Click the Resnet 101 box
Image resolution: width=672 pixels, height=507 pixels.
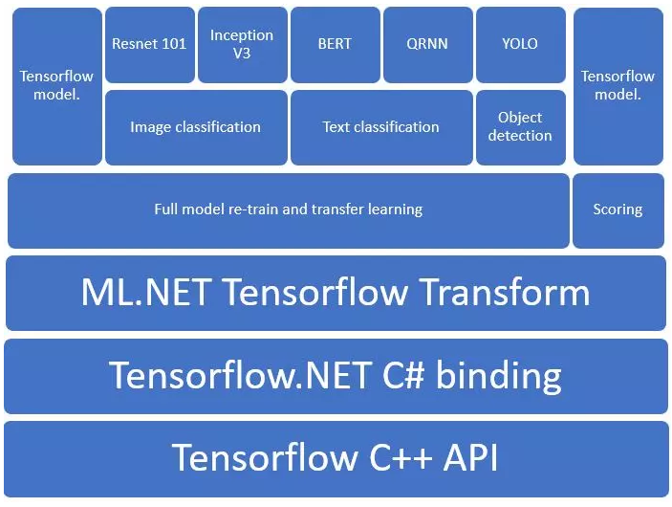pyautogui.click(x=149, y=44)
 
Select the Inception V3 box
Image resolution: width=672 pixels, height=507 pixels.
pyautogui.click(x=241, y=44)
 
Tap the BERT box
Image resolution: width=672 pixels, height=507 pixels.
pyautogui.click(x=335, y=44)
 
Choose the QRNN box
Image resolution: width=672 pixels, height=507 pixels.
pyautogui.click(x=426, y=44)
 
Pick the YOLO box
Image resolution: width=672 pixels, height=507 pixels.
pyautogui.click(x=519, y=44)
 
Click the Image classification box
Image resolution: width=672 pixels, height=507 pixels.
pyautogui.click(x=195, y=126)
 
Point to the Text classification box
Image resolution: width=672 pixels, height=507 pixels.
pyautogui.click(x=380, y=126)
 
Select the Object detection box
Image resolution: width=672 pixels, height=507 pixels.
pyautogui.click(x=519, y=126)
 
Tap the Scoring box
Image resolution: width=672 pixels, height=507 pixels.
pyautogui.click(x=617, y=209)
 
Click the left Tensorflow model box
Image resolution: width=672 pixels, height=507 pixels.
pyautogui.click(x=56, y=86)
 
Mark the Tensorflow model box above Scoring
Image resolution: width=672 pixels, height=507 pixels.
pyautogui.click(x=617, y=86)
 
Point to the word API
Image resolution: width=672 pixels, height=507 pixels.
pyautogui.click(x=468, y=457)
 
